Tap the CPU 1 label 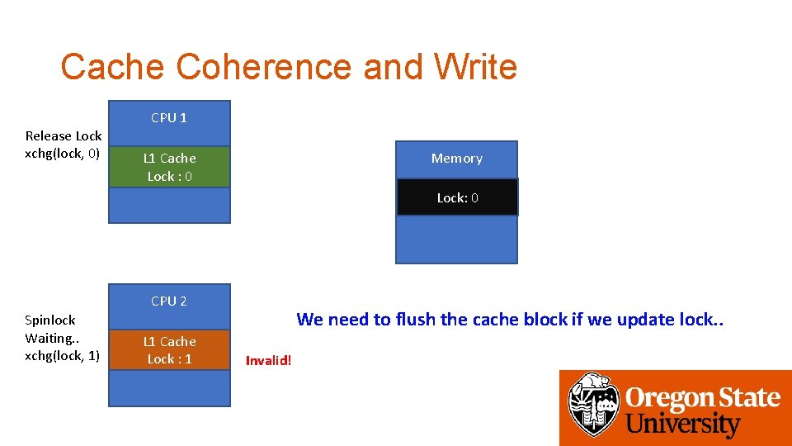coord(169,118)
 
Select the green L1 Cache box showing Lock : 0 coord(169,167)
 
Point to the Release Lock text coord(64,135)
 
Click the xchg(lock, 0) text coord(63,153)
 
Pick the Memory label coord(456,159)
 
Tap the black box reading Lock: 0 coord(457,198)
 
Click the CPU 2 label coord(169,301)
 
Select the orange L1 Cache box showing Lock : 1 coord(169,350)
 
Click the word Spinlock coord(50,320)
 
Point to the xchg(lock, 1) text coord(63,355)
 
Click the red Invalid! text coord(269,360)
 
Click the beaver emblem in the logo coord(593,405)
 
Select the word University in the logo coord(683,425)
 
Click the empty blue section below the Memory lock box coord(456,240)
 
